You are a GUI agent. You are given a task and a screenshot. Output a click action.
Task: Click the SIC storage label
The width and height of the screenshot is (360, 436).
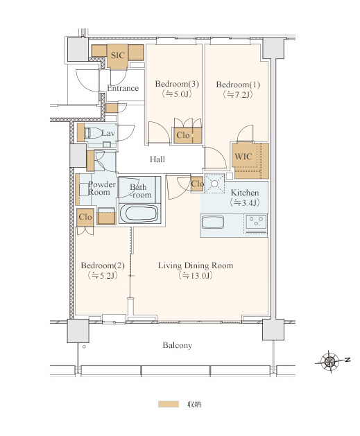coord(118,55)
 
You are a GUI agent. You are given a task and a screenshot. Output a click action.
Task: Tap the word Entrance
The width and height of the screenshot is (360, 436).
coord(123,88)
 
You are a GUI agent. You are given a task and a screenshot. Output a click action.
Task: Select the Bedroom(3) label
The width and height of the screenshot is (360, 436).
coord(177,84)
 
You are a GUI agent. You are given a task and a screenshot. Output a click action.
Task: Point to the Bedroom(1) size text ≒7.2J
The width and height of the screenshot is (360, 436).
coord(238,94)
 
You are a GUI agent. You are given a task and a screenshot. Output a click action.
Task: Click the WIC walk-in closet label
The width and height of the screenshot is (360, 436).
coord(243,157)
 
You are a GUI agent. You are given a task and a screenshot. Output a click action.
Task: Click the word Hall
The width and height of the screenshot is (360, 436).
coord(157,159)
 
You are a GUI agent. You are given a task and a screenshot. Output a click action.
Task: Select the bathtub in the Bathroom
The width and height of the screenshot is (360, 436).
coord(140,213)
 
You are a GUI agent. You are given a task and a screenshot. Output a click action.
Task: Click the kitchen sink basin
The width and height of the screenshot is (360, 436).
coord(212,223)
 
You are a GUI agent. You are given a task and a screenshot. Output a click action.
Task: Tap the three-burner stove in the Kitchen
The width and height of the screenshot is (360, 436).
coord(256,223)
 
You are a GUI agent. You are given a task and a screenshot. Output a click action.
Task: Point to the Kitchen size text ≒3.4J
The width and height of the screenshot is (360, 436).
coord(245,202)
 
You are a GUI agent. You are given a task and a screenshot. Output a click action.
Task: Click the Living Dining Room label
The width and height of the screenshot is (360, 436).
coord(196,265)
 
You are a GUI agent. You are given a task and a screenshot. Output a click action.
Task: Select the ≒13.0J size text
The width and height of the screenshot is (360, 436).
coord(196,276)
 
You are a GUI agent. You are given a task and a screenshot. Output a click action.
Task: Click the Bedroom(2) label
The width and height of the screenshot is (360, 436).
coord(103,265)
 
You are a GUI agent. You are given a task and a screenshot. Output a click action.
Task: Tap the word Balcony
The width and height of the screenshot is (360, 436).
coord(177,345)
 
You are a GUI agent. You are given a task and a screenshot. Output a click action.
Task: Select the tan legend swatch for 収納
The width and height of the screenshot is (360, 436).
coord(169,404)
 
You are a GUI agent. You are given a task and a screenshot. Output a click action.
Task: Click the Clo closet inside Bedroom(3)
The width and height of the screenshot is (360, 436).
coord(187,135)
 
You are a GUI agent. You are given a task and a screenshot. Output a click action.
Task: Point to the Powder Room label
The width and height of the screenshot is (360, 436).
coord(101,189)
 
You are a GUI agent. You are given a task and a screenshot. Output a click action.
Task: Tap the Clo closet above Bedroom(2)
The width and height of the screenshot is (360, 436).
coord(85,217)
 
